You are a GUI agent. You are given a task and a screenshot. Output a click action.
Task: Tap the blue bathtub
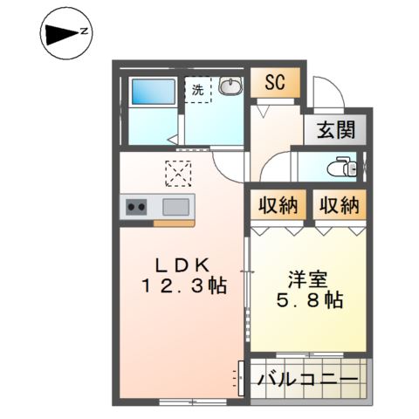(152, 92)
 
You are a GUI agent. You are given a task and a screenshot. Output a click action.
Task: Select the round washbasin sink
(230, 87)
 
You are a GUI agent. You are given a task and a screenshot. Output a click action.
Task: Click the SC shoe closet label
(275, 85)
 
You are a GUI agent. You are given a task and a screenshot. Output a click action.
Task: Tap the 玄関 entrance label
(335, 131)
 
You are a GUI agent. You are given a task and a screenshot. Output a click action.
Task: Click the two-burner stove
(137, 208)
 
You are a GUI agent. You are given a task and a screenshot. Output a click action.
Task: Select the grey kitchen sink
(175, 208)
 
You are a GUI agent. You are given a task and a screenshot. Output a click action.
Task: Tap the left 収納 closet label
(278, 207)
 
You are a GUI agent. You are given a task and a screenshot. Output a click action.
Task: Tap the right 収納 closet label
(338, 207)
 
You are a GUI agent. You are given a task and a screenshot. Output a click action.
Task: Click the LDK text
(182, 264)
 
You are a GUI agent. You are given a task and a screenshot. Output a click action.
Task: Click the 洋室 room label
(308, 279)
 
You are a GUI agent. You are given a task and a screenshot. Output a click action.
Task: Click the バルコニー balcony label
(307, 381)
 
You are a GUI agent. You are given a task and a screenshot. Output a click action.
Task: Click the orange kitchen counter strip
(174, 223)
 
